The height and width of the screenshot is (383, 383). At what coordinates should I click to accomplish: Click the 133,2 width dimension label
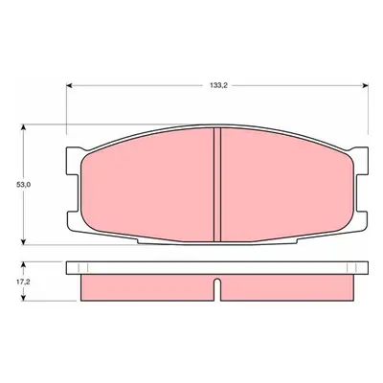point(218,85)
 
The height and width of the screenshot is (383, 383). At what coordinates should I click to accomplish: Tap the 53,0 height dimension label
point(24,185)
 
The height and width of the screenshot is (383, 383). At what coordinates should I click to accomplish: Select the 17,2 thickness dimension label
point(23,282)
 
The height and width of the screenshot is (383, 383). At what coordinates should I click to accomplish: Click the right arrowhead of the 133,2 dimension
point(365,85)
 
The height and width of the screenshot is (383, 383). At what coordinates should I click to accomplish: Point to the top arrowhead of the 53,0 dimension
point(23,128)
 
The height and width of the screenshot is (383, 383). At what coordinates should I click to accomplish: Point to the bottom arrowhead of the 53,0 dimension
point(23,241)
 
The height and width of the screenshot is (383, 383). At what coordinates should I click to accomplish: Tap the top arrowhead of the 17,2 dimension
point(23,265)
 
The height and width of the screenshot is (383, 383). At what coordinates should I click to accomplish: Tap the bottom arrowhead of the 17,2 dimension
point(23,297)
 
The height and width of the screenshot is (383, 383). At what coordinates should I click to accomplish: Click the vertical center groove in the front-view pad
point(217,185)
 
